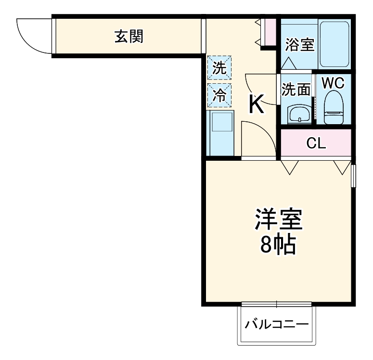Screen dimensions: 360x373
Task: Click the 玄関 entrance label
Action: (x=129, y=36)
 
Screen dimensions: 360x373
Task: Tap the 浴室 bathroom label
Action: (x=299, y=45)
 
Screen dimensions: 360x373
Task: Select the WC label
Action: (x=333, y=83)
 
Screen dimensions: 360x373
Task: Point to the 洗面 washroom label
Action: (x=296, y=90)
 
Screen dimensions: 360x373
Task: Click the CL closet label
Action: (x=316, y=143)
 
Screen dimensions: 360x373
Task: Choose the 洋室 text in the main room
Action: (x=278, y=220)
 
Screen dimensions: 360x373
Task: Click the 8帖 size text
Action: (x=278, y=245)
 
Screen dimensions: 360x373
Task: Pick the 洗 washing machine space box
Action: (x=219, y=68)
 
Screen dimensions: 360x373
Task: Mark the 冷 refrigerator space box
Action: (x=219, y=95)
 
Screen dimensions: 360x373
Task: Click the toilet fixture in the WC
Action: (x=333, y=109)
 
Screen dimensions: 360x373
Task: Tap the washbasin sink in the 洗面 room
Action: (x=299, y=115)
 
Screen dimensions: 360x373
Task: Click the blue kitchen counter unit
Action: (x=220, y=133)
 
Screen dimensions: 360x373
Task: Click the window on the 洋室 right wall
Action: (x=353, y=176)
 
